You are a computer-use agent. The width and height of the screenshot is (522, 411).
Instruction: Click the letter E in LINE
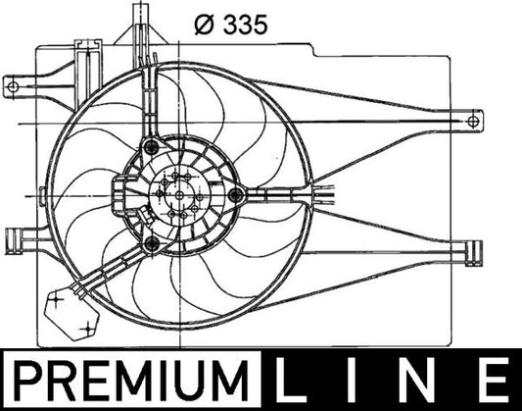click(x=490, y=378)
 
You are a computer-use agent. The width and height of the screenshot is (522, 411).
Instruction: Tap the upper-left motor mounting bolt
click(x=149, y=148)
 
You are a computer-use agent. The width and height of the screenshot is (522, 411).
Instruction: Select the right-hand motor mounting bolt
click(x=234, y=194)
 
